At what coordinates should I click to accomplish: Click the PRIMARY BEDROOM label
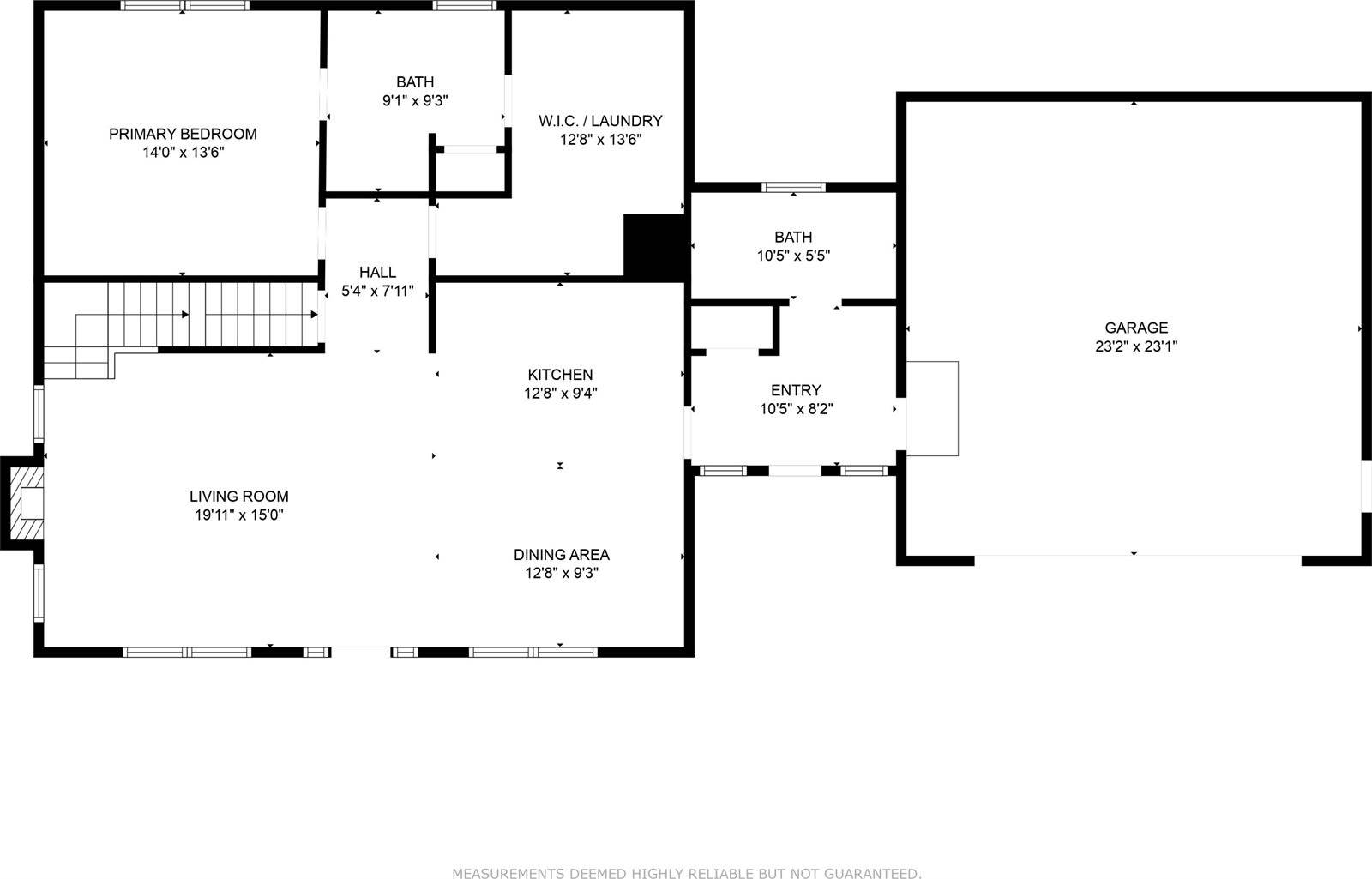(x=183, y=134)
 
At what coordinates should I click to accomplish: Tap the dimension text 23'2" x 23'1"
(x=1135, y=346)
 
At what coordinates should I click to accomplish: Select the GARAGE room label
(x=1135, y=328)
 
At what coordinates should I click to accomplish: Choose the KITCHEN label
(x=560, y=375)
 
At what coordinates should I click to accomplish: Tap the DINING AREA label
(x=561, y=555)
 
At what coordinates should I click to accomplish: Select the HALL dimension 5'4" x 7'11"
(x=377, y=292)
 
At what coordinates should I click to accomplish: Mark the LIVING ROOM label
(x=238, y=496)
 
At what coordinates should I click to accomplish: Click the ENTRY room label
(x=796, y=390)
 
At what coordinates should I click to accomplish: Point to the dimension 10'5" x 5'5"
(x=793, y=256)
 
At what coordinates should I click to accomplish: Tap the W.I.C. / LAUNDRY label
(x=600, y=121)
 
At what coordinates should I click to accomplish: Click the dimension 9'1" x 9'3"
(x=415, y=101)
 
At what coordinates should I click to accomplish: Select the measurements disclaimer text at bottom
(x=686, y=873)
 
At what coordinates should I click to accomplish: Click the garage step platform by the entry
(x=932, y=408)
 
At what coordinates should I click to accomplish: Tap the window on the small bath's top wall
(x=794, y=187)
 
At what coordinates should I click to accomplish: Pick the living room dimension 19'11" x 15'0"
(x=238, y=515)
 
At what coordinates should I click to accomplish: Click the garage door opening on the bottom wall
(x=1137, y=560)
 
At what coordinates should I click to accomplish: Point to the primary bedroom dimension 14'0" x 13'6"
(x=183, y=153)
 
